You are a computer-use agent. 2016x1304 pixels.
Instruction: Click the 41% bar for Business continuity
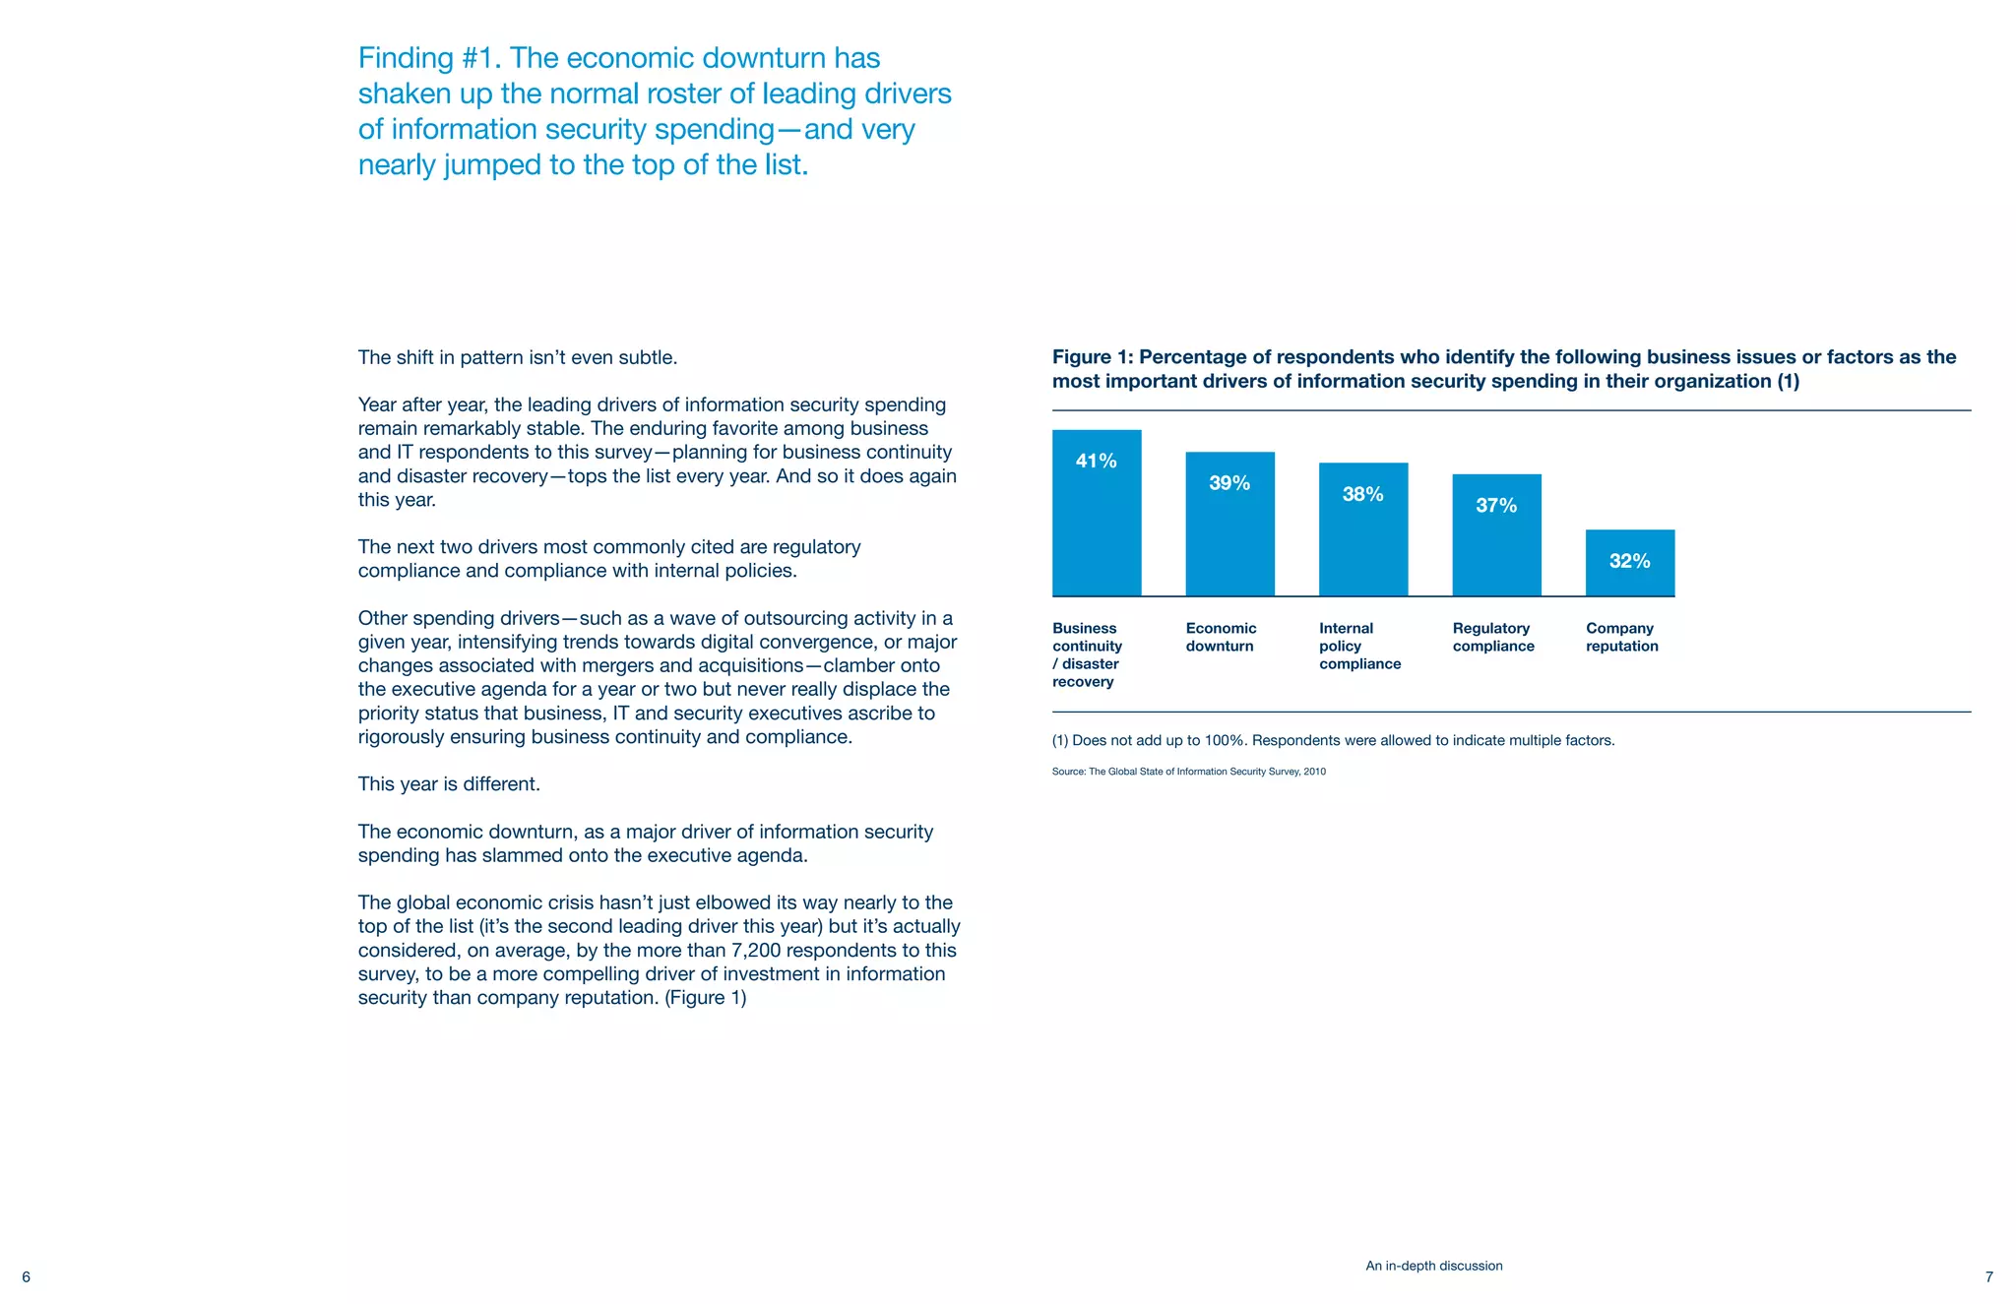click(x=1097, y=522)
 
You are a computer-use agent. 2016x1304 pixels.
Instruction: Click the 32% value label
click(x=1629, y=561)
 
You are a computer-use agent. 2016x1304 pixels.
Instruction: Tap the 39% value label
click(x=1229, y=483)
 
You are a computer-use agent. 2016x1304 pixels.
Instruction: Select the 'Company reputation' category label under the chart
click(x=1621, y=637)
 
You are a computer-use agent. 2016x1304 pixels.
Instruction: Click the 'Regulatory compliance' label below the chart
click(x=1493, y=637)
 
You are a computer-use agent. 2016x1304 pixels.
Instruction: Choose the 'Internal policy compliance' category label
click(x=1359, y=646)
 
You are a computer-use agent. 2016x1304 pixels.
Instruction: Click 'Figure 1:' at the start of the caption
click(x=1092, y=357)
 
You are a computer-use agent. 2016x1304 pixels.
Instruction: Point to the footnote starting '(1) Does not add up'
click(x=1333, y=740)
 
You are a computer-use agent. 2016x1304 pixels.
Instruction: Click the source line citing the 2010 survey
click(x=1188, y=772)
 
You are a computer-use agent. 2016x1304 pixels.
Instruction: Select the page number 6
click(x=26, y=1277)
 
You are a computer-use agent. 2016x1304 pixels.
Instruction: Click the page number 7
click(x=1988, y=1277)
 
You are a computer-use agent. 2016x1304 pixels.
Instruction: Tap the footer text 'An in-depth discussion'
click(x=1433, y=1266)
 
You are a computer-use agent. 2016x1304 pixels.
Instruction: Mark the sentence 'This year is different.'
click(x=449, y=784)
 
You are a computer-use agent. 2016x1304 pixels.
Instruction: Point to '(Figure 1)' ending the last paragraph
click(x=706, y=998)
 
